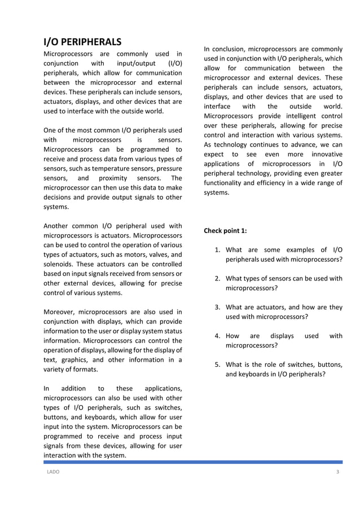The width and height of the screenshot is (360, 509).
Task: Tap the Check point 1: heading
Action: click(225, 231)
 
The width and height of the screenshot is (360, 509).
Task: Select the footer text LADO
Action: click(53, 472)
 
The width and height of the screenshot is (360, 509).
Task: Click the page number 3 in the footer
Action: click(337, 472)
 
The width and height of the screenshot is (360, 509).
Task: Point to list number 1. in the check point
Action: click(217, 250)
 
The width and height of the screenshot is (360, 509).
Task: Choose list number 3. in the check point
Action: click(217, 308)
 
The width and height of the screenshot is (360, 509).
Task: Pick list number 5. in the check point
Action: click(217, 365)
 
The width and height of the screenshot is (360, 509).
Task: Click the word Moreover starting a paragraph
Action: click(59, 311)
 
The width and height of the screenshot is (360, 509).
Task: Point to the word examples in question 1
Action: click(300, 250)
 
